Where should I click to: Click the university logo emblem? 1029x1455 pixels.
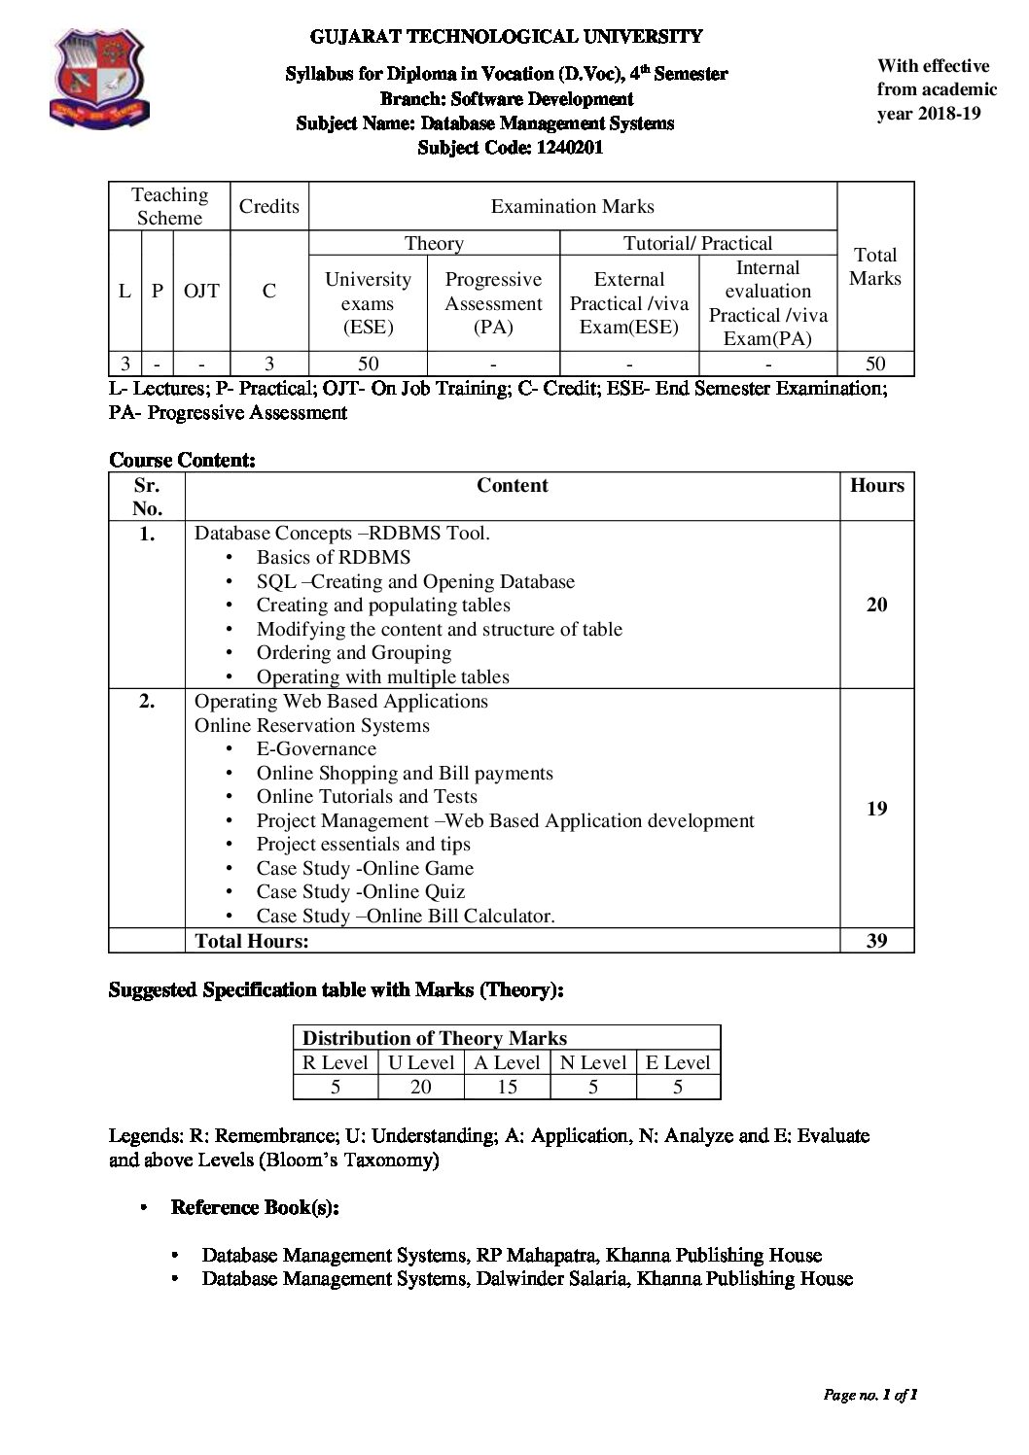click(x=99, y=77)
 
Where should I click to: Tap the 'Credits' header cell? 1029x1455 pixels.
click(x=269, y=206)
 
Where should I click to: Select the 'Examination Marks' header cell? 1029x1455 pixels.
click(x=572, y=206)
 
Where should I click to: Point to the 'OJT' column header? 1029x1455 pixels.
click(x=201, y=291)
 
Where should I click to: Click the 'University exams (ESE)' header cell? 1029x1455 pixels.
click(x=368, y=302)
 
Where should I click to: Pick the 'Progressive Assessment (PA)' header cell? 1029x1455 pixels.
click(x=493, y=302)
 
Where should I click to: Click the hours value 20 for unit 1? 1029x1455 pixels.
click(x=876, y=605)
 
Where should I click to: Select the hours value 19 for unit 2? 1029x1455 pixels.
click(x=876, y=809)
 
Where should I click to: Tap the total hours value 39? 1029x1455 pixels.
click(x=876, y=941)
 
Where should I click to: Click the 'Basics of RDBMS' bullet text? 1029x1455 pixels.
click(x=334, y=557)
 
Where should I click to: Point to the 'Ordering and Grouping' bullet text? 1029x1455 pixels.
click(x=354, y=653)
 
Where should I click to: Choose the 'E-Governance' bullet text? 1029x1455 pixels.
click(x=316, y=748)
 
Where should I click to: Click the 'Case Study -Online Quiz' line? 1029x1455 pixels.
click(x=361, y=891)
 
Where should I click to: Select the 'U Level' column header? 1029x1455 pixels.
click(x=421, y=1062)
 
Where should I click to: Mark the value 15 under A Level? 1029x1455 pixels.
click(x=507, y=1087)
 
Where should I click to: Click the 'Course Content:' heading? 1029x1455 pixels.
click(x=182, y=460)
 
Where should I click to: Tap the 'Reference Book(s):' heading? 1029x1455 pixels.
click(x=255, y=1207)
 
